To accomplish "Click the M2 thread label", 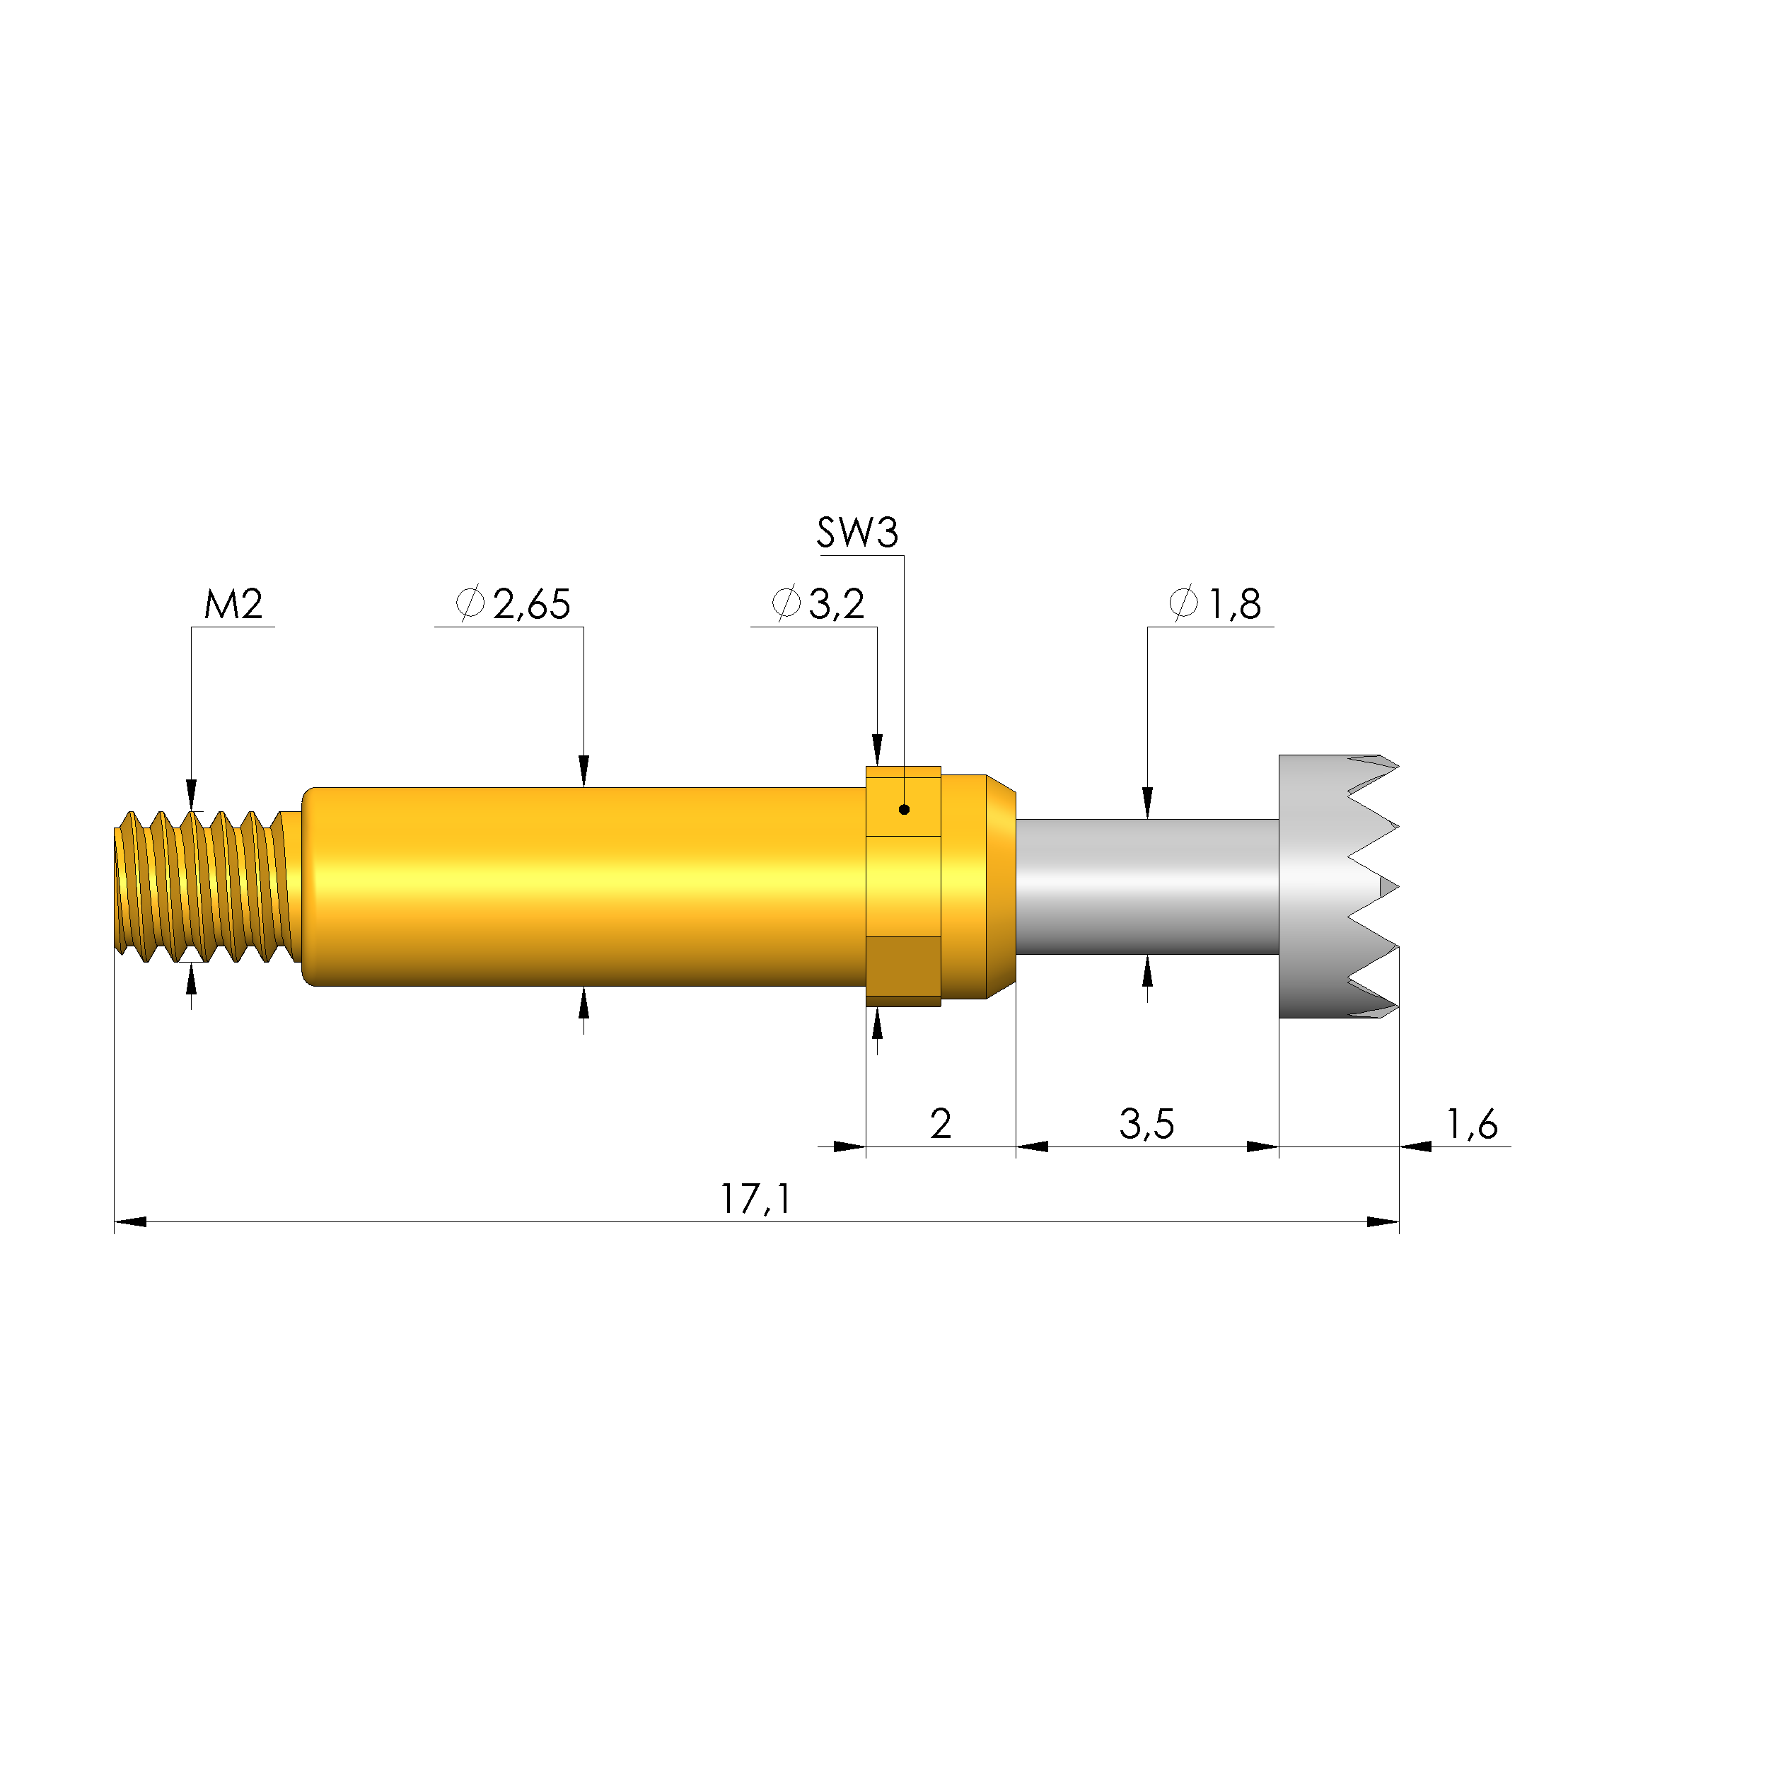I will [x=233, y=604].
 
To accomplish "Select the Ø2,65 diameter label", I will [x=513, y=604].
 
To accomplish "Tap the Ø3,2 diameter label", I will [x=818, y=604].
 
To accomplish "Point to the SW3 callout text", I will [x=857, y=533].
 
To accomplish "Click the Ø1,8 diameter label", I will [x=1216, y=604].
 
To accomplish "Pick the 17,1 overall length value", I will [x=755, y=1199].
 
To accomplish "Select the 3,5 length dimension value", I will [x=1146, y=1124].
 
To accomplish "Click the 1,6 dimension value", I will [x=1471, y=1124].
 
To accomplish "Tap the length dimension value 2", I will [x=941, y=1124].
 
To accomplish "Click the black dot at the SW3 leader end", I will [x=904, y=809].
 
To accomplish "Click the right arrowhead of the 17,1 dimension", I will [x=1382, y=1222].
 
